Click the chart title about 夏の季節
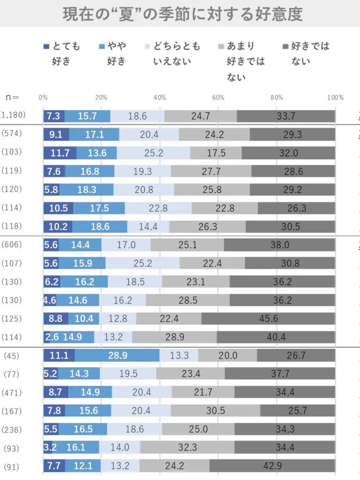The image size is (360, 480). [x=180, y=14]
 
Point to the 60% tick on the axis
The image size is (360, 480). [x=218, y=97]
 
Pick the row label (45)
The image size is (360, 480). [x=11, y=355]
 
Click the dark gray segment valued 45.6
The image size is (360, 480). [x=268, y=318]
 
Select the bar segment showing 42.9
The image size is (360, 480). [x=272, y=466]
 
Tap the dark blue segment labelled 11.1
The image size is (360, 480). [x=59, y=355]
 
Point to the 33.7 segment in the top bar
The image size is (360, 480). [x=286, y=116]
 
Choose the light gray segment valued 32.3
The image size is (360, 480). [x=187, y=447]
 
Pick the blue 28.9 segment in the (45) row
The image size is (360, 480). [x=117, y=355]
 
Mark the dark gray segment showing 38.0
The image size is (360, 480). [x=280, y=244]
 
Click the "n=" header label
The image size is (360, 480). [x=12, y=97]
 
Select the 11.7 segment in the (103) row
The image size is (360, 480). [x=60, y=152]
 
